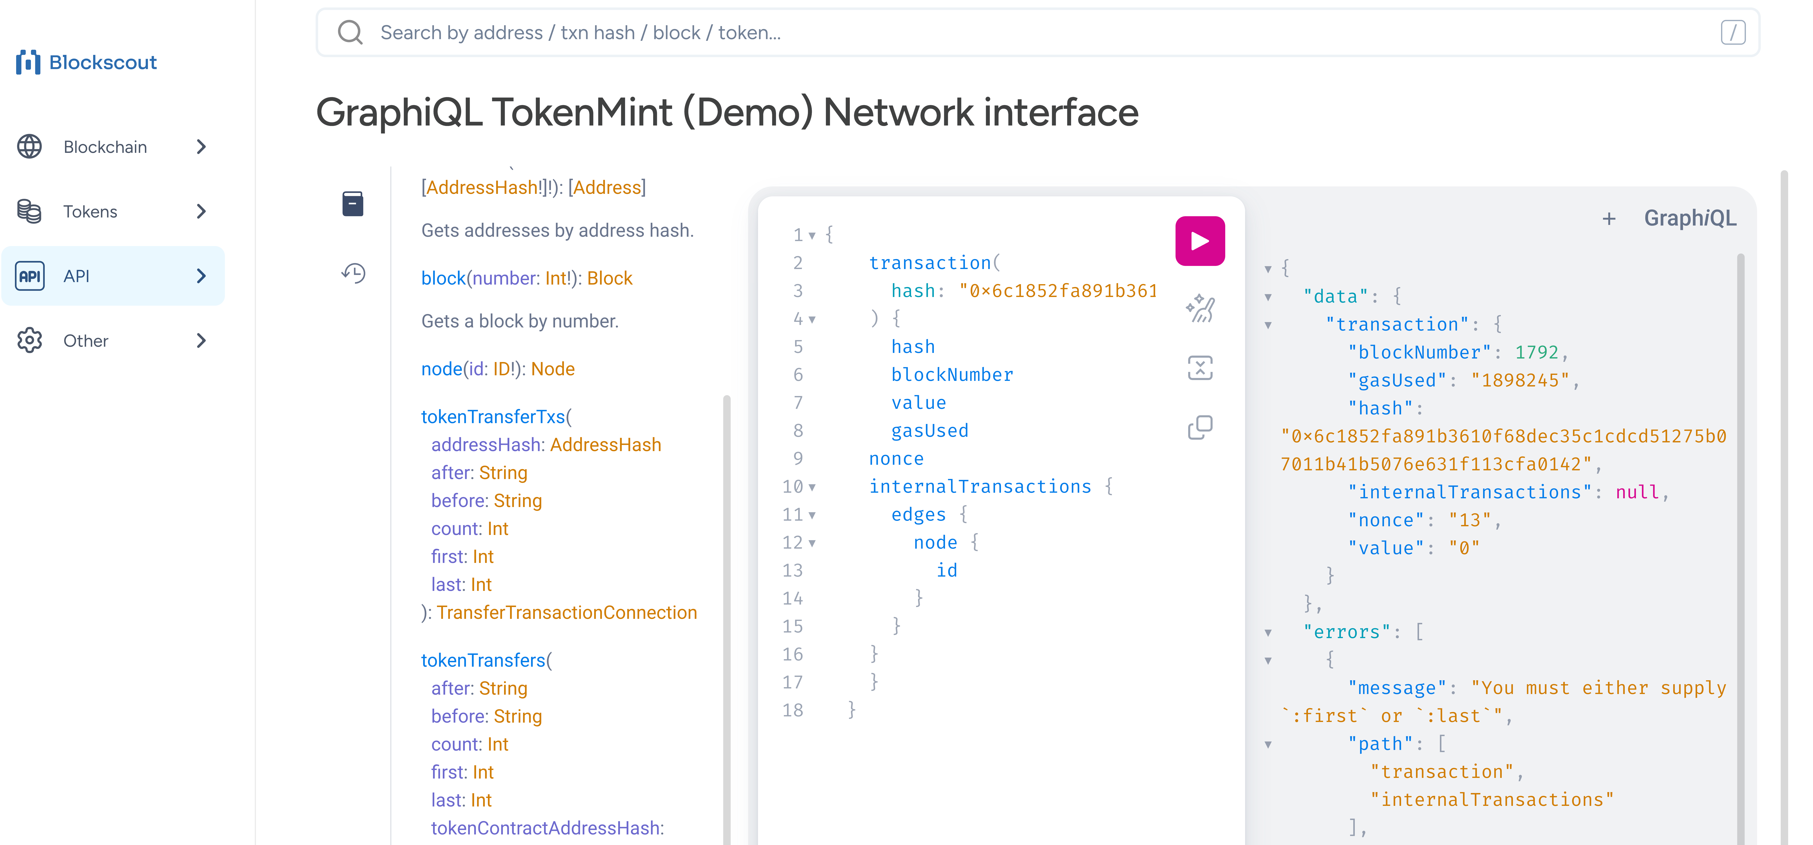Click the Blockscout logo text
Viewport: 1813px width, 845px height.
click(103, 63)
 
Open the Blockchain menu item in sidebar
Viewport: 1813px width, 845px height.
click(106, 147)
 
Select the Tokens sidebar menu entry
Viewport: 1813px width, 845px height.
click(90, 212)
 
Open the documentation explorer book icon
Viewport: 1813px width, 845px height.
click(353, 204)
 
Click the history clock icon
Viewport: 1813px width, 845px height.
click(353, 273)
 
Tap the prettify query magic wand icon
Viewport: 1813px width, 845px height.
click(1200, 308)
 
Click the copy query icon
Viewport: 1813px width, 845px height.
click(1200, 427)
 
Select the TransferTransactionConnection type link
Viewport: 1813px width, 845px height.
click(567, 613)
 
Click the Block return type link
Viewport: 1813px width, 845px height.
click(610, 279)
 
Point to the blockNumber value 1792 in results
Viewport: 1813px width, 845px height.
click(1536, 352)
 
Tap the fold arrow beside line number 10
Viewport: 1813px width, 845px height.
click(812, 487)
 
